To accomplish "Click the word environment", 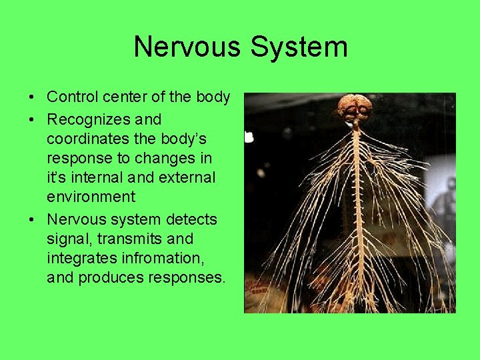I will [91, 197].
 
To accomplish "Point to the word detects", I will [191, 219].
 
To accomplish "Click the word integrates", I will [78, 258].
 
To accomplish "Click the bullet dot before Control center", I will [33, 98].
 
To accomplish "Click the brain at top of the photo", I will [354, 109].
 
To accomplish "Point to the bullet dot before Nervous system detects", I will [33, 220].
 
